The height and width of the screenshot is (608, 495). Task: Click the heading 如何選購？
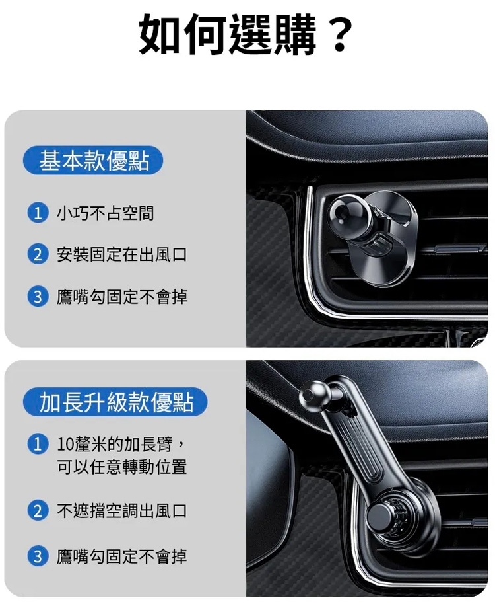tap(246, 34)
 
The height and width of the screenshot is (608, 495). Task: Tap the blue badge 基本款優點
tap(93, 161)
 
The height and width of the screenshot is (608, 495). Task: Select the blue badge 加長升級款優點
tap(115, 402)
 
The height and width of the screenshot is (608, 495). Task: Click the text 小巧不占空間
tap(106, 213)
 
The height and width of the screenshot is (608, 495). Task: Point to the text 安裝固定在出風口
tap(121, 254)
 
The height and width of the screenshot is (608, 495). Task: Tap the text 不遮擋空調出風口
tap(121, 511)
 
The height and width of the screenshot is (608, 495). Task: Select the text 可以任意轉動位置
tap(121, 467)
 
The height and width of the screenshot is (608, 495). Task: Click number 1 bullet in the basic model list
tap(38, 213)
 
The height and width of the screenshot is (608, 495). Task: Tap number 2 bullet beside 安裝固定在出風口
tap(38, 254)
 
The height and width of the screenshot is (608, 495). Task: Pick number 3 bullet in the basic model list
tap(38, 297)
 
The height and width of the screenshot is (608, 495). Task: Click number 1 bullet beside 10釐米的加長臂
tap(38, 444)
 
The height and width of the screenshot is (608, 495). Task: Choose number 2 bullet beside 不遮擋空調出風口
tap(38, 511)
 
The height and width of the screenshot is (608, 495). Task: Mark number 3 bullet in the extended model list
tap(38, 556)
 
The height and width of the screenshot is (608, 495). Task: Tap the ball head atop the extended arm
tap(315, 396)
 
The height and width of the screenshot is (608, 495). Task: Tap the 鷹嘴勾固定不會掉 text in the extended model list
tap(121, 556)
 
